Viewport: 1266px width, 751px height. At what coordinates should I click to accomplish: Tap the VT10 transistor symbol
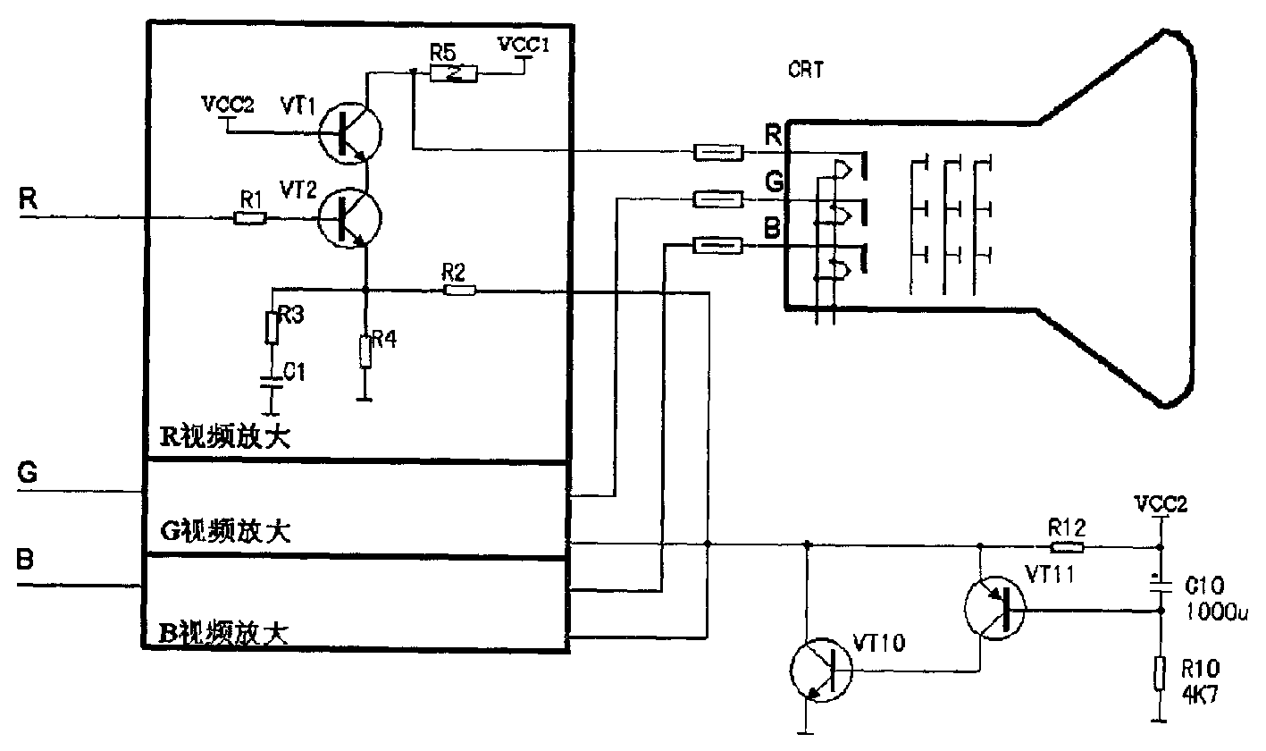point(821,671)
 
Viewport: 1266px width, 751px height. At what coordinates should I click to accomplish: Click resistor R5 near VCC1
point(453,74)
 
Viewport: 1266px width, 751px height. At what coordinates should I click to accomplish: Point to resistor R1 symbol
point(250,218)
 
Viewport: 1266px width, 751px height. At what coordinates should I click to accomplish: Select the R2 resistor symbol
point(459,291)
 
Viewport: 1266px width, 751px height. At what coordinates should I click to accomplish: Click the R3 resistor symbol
point(272,327)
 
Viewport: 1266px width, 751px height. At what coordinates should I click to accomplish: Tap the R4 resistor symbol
point(365,351)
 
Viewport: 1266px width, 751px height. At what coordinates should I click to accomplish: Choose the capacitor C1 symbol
point(272,382)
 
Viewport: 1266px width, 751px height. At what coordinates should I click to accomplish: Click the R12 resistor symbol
point(1067,547)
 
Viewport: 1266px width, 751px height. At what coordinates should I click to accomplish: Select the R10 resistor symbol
point(1160,673)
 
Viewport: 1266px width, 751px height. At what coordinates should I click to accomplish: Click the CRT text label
point(806,70)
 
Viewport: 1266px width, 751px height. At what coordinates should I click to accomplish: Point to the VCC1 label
point(524,45)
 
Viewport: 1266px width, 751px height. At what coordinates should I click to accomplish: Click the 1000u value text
point(1216,612)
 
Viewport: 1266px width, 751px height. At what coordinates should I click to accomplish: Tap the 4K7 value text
point(1200,694)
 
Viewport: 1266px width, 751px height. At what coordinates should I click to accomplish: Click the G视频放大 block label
point(225,531)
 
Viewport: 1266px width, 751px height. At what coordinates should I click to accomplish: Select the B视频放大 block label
point(224,633)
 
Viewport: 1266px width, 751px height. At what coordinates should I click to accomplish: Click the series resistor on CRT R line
point(718,153)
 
